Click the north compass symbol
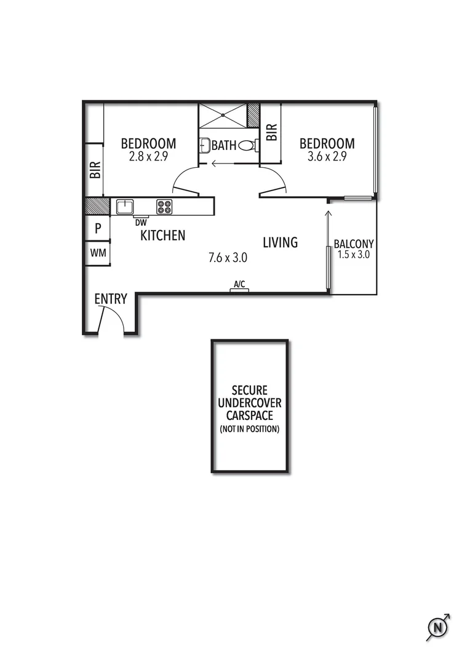coord(437,627)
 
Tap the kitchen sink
coord(125,207)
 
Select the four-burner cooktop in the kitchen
coord(164,207)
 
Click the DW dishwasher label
coord(141,222)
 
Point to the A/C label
coord(239,285)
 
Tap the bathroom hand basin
coord(204,146)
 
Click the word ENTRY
coord(111,299)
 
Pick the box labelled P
coord(97,230)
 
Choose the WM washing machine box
coord(97,253)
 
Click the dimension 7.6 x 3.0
coord(228,258)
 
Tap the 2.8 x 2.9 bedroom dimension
coord(148,157)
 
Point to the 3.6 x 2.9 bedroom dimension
coord(327,157)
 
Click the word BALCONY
coord(354,243)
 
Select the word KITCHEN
coord(163,235)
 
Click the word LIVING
coord(280,242)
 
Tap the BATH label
coord(223,146)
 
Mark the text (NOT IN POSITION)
coord(249,429)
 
